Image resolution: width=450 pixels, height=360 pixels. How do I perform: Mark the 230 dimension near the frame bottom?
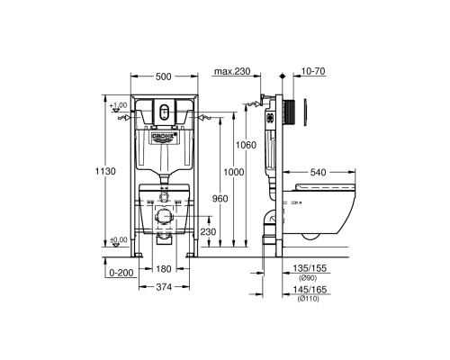pos(207,231)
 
